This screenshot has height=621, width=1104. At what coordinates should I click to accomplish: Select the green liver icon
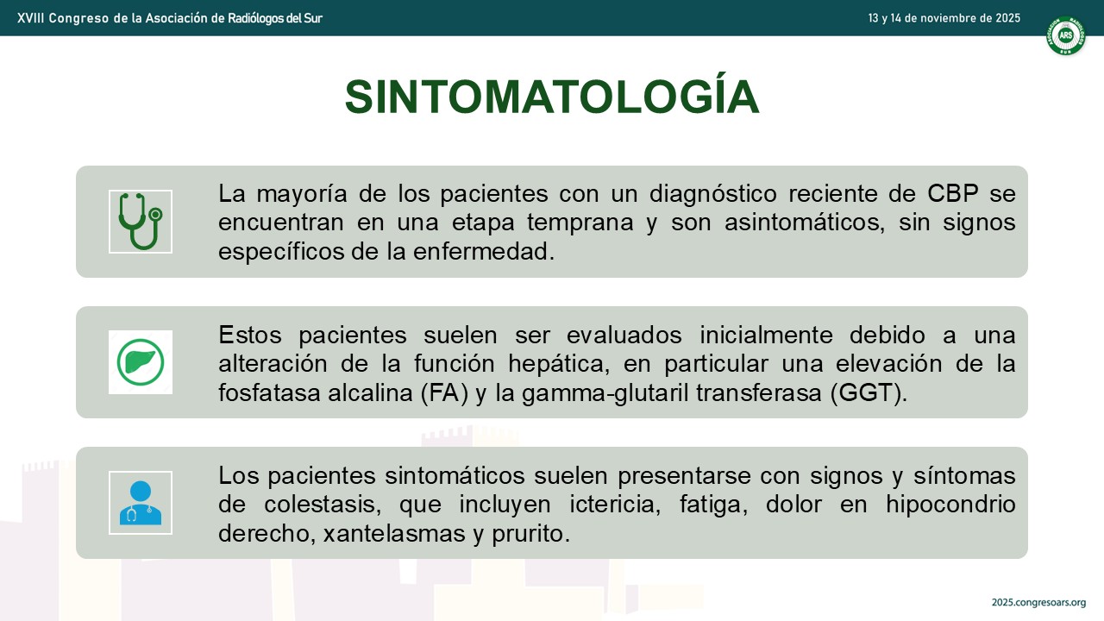[141, 362]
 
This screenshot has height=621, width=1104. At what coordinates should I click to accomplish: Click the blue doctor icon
[141, 503]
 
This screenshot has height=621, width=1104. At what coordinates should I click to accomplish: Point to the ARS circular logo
[1065, 35]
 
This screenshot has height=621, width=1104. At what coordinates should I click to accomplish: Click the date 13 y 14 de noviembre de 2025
[944, 18]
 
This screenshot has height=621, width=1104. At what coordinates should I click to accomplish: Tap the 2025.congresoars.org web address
[1039, 602]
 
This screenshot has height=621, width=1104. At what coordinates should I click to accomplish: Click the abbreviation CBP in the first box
[953, 193]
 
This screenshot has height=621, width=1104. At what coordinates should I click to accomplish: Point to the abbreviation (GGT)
[869, 392]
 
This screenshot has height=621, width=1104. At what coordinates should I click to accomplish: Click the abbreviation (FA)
[444, 392]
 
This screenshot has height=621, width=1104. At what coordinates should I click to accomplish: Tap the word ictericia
[615, 505]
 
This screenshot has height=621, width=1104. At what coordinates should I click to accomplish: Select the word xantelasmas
[394, 533]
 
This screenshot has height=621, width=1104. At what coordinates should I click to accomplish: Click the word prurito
[530, 534]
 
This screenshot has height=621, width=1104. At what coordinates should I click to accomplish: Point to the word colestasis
[323, 505]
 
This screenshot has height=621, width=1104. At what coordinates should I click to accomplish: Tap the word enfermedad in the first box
[484, 251]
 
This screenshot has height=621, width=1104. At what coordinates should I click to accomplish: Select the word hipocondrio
[950, 505]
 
